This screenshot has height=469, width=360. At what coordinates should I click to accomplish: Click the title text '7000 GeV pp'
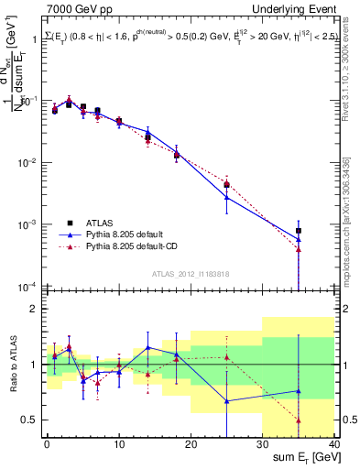75,8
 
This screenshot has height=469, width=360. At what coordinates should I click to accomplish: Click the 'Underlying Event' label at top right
297,8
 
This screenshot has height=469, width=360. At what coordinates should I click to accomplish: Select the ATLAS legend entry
102,222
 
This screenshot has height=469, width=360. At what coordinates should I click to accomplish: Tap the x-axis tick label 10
118,444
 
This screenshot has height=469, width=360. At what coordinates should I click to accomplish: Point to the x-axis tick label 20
191,444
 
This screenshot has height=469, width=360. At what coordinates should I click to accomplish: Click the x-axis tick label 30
262,444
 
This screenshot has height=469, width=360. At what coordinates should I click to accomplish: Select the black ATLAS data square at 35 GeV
299,232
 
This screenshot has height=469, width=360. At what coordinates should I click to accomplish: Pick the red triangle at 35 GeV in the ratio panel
299,420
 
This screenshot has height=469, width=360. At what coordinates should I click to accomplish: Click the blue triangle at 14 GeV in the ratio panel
147,347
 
